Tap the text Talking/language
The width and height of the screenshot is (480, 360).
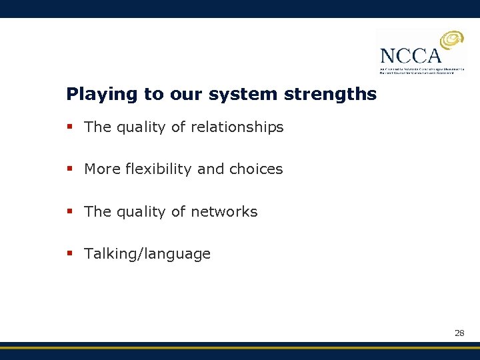(147, 254)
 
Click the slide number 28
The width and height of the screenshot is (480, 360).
(459, 332)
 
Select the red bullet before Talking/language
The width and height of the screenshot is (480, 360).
(69, 254)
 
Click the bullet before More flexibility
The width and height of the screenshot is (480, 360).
(69, 169)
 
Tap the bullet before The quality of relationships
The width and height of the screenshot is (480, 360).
(69, 127)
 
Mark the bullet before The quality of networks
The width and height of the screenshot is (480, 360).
(69, 212)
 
